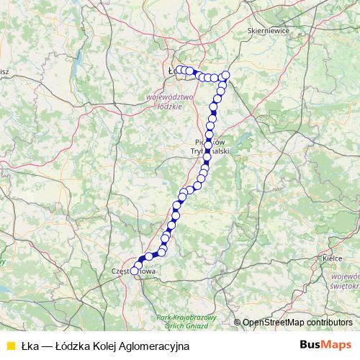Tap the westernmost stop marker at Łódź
[179, 70]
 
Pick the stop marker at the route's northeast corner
[225, 76]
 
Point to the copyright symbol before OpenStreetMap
[237, 323]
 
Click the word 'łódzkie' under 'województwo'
[171, 104]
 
